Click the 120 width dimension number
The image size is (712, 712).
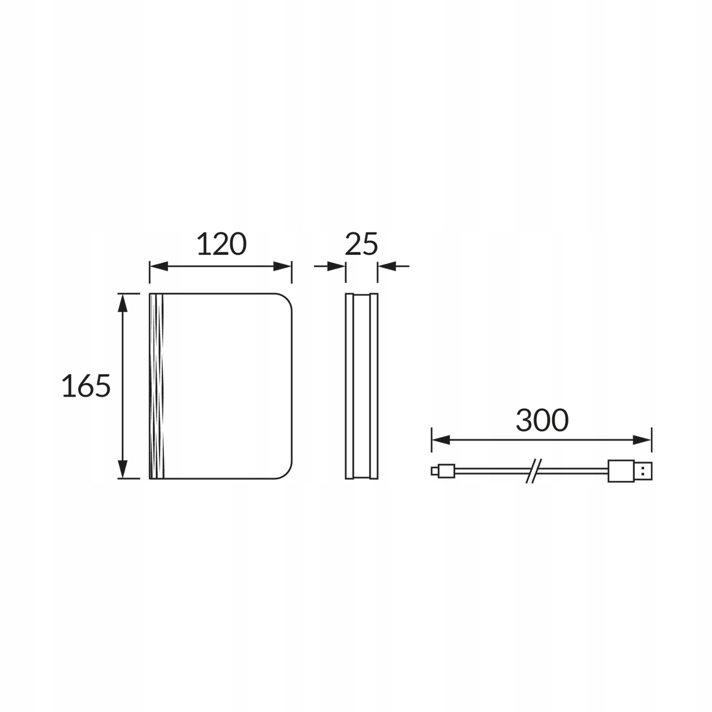[221, 244]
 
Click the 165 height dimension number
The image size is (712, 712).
[86, 385]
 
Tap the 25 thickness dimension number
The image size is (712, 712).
[361, 244]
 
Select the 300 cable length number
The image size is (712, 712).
[542, 420]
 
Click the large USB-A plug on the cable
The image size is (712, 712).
[630, 471]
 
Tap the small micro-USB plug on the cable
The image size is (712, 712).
[443, 471]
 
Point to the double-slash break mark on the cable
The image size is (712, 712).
[533, 471]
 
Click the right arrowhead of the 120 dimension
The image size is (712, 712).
[283, 266]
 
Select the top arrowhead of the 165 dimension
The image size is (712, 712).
[123, 303]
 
